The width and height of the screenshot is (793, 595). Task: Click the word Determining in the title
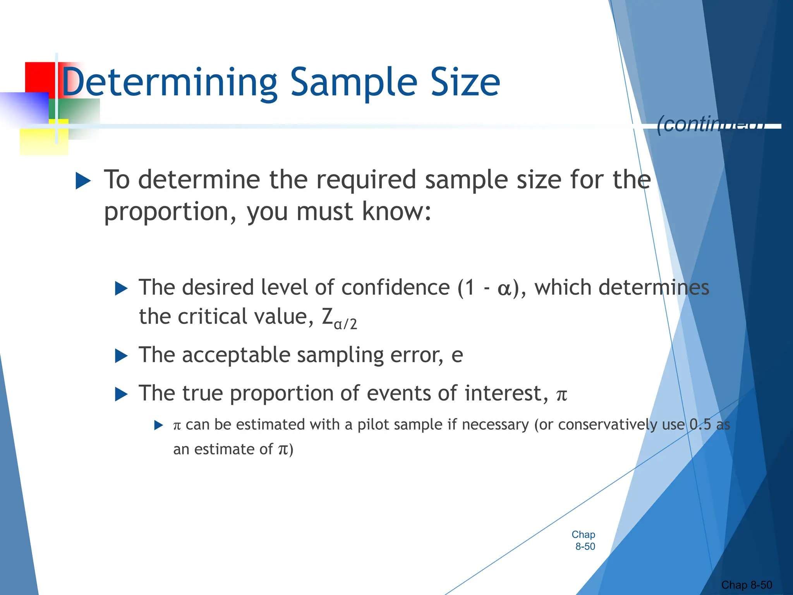(169, 83)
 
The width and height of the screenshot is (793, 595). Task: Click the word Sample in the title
(354, 83)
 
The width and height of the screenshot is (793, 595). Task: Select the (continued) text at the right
(711, 124)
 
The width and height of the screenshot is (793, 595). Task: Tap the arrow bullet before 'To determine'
(83, 181)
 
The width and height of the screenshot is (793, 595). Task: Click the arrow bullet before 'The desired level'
(121, 289)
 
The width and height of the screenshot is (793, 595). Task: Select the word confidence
(395, 287)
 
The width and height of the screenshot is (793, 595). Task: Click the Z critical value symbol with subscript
(339, 318)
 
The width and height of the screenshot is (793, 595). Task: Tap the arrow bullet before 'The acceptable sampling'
(121, 356)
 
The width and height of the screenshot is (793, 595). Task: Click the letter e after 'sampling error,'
(457, 355)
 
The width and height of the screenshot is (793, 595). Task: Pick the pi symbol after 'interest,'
(561, 395)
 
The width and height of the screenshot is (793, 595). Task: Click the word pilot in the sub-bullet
(372, 425)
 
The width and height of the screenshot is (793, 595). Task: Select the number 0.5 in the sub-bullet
(700, 425)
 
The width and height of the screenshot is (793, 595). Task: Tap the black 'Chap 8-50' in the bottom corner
(746, 585)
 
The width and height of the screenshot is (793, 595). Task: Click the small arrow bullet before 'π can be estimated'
(158, 425)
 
